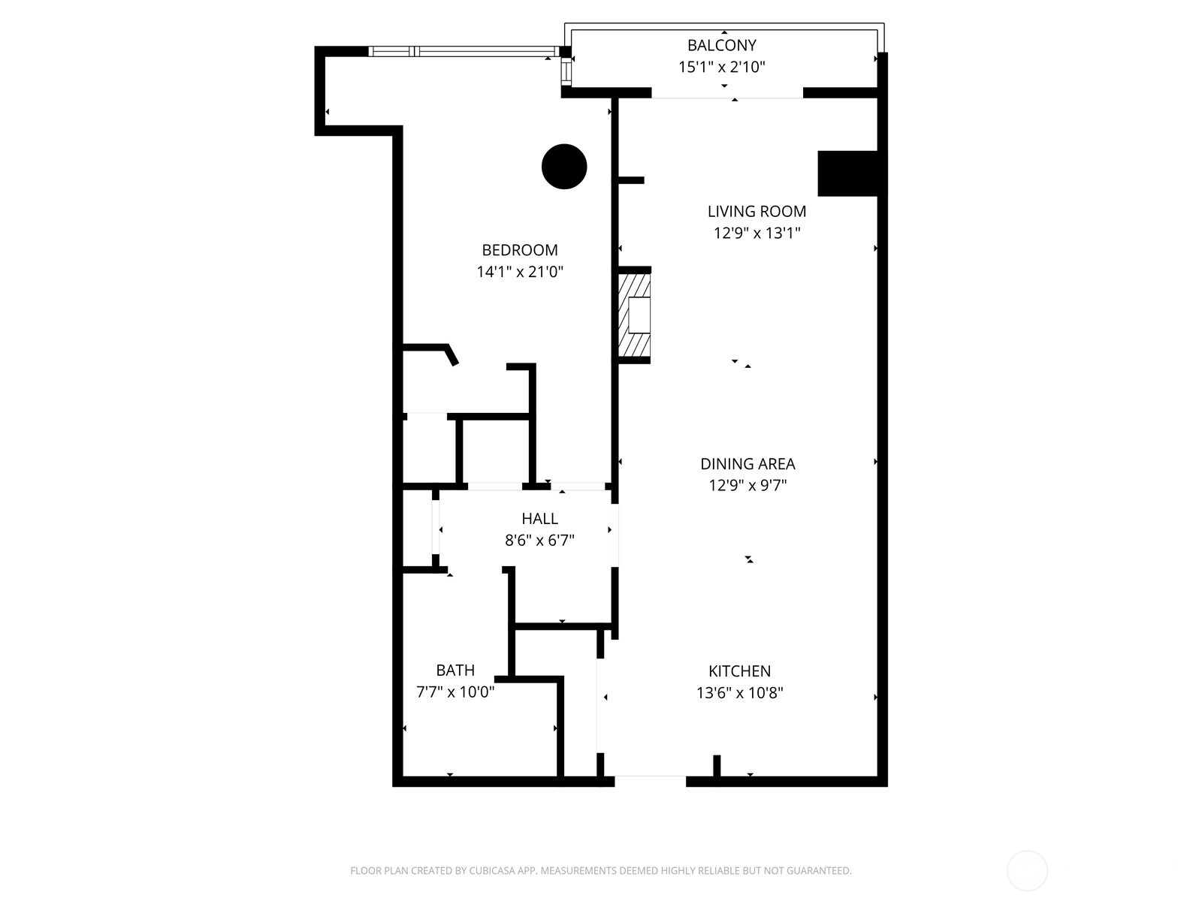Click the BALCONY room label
point(721,45)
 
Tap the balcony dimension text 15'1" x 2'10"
point(721,67)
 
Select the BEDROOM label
point(520,250)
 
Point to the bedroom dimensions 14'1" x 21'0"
point(520,272)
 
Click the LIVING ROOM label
point(757,211)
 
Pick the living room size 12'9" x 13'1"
point(757,233)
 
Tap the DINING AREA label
point(747,464)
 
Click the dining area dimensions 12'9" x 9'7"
point(747,485)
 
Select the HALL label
point(539,519)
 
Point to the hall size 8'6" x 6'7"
point(539,541)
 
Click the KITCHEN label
point(739,671)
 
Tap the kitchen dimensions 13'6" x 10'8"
point(739,693)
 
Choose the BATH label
point(455,670)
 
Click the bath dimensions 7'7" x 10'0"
point(455,692)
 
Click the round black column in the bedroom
point(564,167)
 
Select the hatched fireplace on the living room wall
point(634,315)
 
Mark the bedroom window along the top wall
point(464,51)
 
